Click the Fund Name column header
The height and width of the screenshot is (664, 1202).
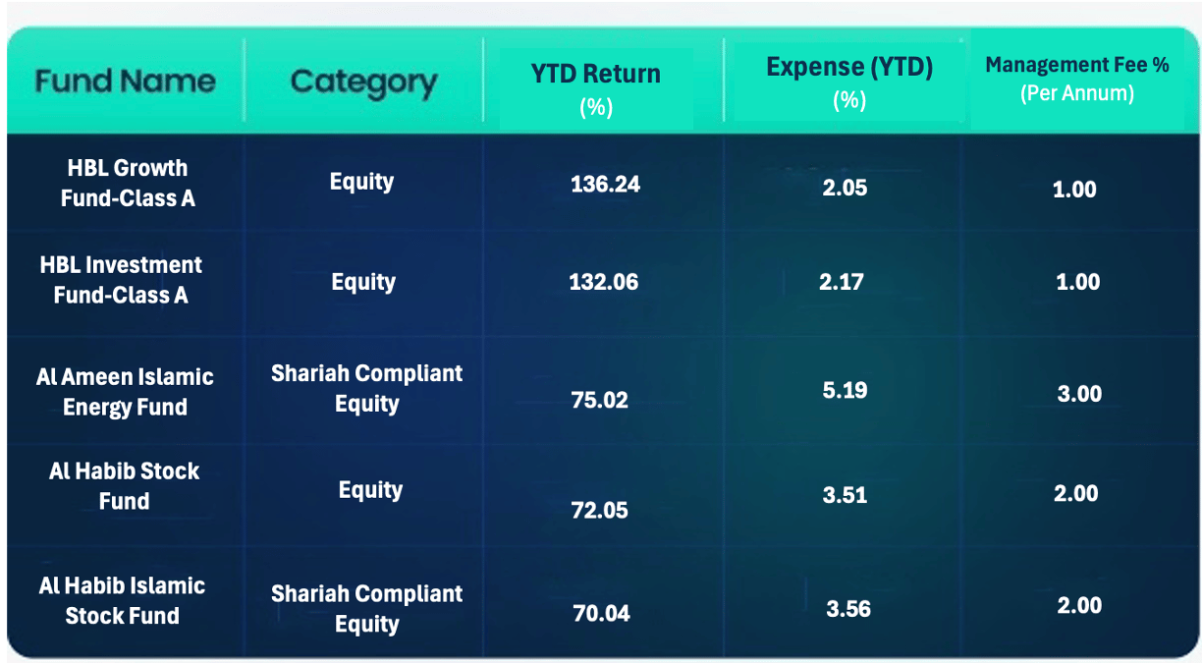coord(126,82)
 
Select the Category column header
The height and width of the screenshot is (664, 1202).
coord(363,83)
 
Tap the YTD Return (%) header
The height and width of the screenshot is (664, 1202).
coord(596,89)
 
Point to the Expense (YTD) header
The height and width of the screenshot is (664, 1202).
coord(849,83)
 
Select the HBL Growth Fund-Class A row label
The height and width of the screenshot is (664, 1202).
coord(128,183)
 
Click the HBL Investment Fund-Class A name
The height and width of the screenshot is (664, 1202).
coord(121,280)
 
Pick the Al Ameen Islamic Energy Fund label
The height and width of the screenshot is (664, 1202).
coord(125,392)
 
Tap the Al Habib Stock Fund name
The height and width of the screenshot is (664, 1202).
coord(124,486)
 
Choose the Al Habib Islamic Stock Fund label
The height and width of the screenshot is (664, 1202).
coord(122,600)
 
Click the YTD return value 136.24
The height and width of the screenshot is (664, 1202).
coord(605,184)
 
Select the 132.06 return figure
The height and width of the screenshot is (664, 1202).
coord(604,282)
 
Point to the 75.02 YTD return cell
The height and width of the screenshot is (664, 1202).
coord(599,400)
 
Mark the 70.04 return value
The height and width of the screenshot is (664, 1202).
coord(601,613)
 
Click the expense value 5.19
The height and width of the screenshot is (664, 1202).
coord(845,390)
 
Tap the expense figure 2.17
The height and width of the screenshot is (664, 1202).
coord(842,282)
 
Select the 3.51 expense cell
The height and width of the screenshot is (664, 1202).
coord(845,495)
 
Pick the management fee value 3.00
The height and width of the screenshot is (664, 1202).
coord(1079,394)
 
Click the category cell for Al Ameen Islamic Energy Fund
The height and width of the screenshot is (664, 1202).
coord(366,389)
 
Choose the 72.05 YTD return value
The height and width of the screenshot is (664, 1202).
coord(599,511)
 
